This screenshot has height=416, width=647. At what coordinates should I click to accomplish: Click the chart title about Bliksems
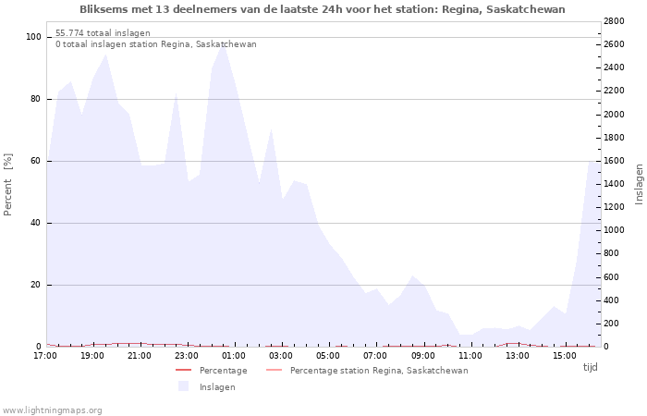[322, 9]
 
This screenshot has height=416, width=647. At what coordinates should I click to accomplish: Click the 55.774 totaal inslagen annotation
[103, 33]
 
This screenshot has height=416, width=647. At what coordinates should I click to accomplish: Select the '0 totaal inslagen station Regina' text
[155, 44]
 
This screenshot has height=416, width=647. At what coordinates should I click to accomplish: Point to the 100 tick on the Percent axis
[34, 37]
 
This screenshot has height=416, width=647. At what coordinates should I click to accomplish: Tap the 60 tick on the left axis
[36, 161]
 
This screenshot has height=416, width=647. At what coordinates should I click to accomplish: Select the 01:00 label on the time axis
[234, 356]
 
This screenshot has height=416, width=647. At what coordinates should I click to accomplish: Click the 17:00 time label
[44, 356]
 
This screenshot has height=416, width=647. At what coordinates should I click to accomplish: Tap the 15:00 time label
[565, 356]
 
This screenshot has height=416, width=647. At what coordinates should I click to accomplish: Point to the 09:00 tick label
[423, 356]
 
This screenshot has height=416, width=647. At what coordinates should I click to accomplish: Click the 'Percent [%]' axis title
[8, 185]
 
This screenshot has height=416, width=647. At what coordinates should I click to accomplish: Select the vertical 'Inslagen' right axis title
[639, 183]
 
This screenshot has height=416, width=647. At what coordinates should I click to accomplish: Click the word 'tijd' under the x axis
[590, 368]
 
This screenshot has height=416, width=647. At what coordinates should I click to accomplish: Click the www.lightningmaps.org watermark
[52, 410]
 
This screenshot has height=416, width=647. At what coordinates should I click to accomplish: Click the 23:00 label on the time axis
[187, 356]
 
